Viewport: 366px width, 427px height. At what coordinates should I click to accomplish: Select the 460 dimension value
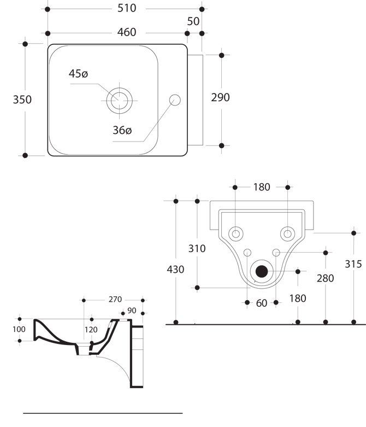click(126, 33)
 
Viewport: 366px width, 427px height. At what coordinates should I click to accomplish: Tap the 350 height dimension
click(22, 100)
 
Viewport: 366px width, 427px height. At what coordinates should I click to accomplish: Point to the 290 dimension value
click(220, 97)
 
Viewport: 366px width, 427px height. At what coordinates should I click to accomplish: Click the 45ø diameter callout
click(78, 74)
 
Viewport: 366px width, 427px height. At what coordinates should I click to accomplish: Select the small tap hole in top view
click(175, 100)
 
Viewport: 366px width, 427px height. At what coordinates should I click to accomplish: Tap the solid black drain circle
click(262, 271)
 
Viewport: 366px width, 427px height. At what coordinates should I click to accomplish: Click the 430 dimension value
click(175, 269)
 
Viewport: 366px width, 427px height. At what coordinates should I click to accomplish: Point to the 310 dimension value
click(197, 249)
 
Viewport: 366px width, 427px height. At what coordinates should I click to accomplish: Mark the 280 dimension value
click(326, 278)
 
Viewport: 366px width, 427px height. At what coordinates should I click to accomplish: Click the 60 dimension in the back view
click(262, 303)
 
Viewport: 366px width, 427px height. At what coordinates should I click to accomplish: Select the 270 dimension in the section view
click(115, 300)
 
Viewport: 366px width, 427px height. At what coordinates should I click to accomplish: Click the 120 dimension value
click(91, 329)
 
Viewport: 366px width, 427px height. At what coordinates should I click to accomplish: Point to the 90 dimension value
click(132, 311)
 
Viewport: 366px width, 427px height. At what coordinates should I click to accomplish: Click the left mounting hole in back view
click(236, 233)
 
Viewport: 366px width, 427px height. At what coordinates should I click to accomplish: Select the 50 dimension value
click(193, 21)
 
